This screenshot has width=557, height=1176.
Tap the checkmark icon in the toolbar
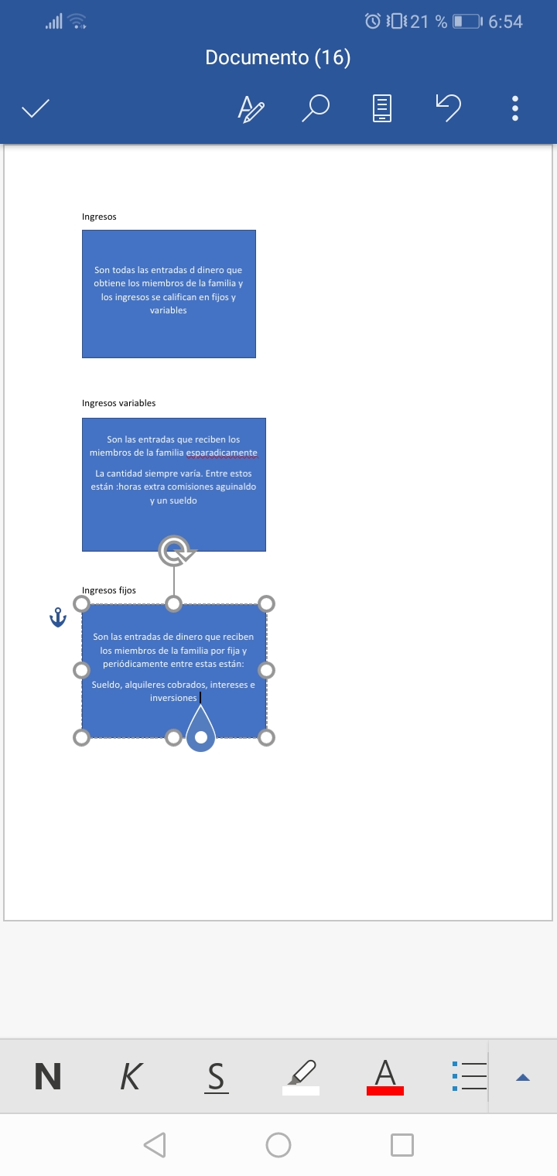(35, 108)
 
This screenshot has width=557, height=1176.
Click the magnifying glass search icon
(316, 108)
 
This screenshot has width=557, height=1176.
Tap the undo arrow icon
(449, 108)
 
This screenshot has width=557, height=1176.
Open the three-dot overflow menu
(515, 108)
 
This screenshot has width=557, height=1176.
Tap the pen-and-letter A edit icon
(251, 108)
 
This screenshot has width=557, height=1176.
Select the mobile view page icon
(382, 108)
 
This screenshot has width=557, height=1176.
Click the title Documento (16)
(278, 57)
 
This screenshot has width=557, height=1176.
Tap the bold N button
(48, 1076)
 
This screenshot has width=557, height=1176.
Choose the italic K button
(131, 1076)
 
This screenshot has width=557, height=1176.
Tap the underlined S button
(217, 1078)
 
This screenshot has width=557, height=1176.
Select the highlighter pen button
(301, 1077)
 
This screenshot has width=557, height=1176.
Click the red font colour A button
(384, 1077)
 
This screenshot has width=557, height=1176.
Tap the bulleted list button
(470, 1075)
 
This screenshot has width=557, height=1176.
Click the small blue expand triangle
(523, 1077)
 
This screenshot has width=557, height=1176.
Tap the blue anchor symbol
(58, 617)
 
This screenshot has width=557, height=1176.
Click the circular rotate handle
(175, 551)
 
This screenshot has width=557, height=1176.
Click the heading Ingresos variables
(118, 402)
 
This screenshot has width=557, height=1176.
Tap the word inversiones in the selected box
(173, 698)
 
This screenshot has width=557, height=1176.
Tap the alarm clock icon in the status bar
(373, 21)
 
